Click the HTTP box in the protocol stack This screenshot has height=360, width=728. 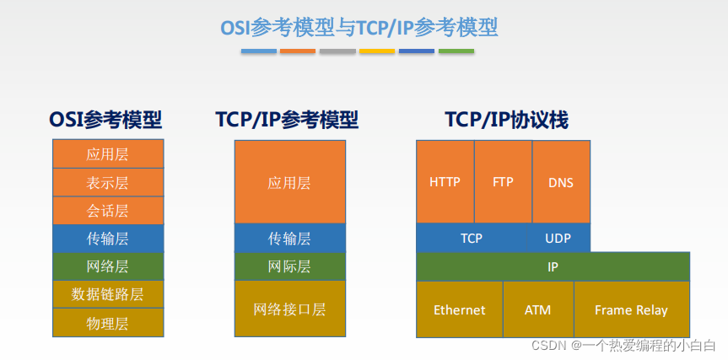click(445, 181)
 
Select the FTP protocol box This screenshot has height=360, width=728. click(503, 181)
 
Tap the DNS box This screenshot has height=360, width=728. click(561, 181)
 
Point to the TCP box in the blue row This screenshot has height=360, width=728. click(472, 238)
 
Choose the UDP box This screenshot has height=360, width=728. click(558, 238)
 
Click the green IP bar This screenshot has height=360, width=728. click(553, 266)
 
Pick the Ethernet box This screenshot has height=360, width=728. click(459, 309)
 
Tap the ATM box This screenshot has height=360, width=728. click(538, 309)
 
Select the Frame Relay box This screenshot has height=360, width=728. click(632, 309)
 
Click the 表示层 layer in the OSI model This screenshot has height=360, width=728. click(108, 182)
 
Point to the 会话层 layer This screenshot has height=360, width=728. click(108, 210)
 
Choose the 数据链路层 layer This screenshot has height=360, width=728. click(108, 294)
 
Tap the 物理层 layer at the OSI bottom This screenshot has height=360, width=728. click(108, 322)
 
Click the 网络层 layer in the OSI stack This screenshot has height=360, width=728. click(108, 266)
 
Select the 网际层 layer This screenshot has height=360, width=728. click(289, 266)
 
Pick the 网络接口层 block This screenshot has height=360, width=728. click(289, 309)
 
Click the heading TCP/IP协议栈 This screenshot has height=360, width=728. click(507, 121)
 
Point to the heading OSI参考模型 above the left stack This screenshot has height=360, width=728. click(105, 121)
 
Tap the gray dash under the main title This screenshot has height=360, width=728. click(337, 51)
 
